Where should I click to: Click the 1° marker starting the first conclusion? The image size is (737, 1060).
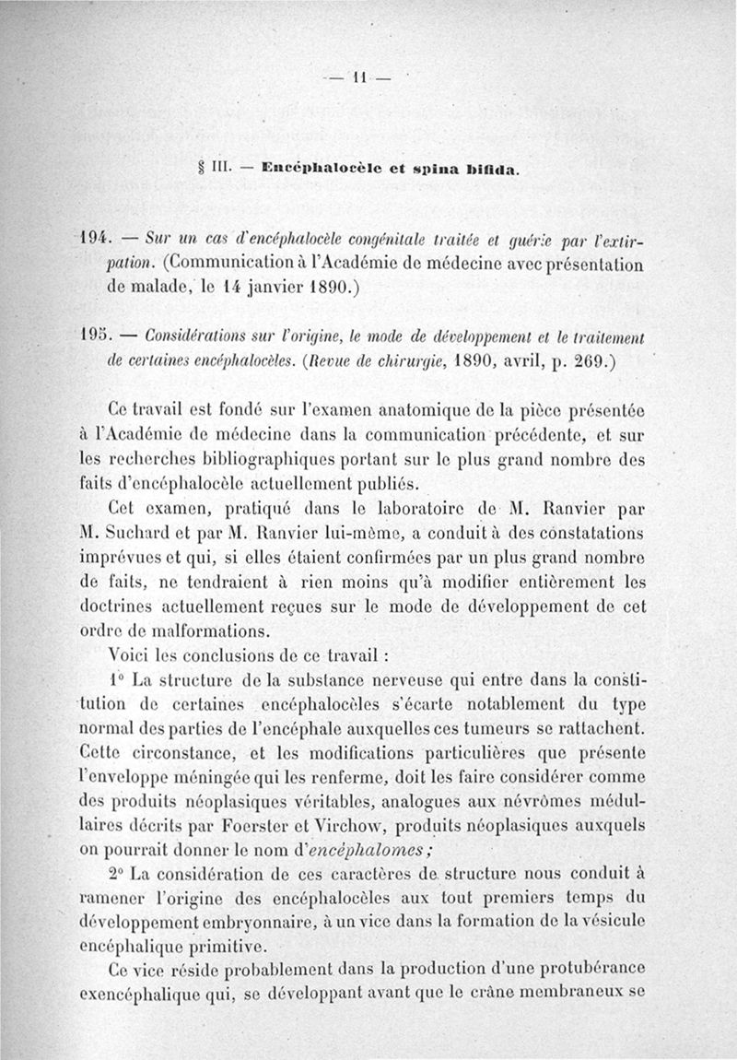115,680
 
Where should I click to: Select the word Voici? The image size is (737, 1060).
130,656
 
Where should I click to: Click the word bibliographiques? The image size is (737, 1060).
281,456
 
